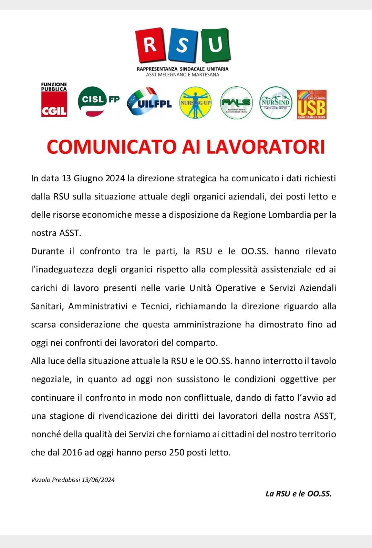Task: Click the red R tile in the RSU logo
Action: point(150,45)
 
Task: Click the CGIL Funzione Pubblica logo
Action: point(54,100)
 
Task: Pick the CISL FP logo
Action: point(99,101)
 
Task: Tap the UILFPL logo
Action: point(149,102)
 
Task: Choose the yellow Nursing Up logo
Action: point(195,103)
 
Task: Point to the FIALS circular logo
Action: point(236,103)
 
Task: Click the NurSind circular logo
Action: point(276,103)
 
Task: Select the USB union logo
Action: point(311,105)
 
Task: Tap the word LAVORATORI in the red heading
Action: point(265,147)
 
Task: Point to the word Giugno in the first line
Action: point(88,179)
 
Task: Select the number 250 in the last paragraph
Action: point(177,452)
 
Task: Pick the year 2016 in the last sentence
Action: point(72,452)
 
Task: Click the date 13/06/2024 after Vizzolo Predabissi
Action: point(98,480)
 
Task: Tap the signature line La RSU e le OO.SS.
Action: point(298,494)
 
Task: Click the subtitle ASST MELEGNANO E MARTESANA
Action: point(183,75)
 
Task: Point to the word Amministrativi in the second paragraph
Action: point(98,307)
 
